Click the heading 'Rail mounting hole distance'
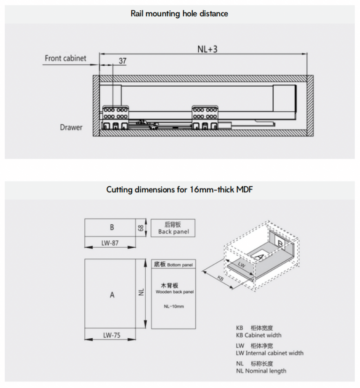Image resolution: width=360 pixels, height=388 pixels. click(x=180, y=14)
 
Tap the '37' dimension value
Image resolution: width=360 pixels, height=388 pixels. click(x=122, y=61)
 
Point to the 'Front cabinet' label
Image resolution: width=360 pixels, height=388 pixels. click(x=66, y=58)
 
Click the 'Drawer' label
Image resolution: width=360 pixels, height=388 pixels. click(x=71, y=127)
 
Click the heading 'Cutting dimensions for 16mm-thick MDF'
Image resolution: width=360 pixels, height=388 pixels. click(x=180, y=190)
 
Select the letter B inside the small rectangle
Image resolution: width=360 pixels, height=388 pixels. click(x=112, y=228)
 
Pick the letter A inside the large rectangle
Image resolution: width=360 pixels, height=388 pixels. click(x=112, y=295)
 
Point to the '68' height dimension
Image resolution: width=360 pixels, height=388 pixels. click(x=141, y=228)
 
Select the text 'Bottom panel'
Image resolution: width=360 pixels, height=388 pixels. click(x=180, y=265)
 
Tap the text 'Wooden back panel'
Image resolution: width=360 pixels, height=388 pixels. click(x=174, y=292)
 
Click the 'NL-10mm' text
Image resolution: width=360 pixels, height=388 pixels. click(x=174, y=306)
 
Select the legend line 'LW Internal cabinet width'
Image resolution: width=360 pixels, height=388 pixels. click(x=270, y=353)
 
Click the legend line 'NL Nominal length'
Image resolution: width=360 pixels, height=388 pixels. click(x=261, y=371)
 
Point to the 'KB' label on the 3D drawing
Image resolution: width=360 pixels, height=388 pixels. click(x=220, y=278)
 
